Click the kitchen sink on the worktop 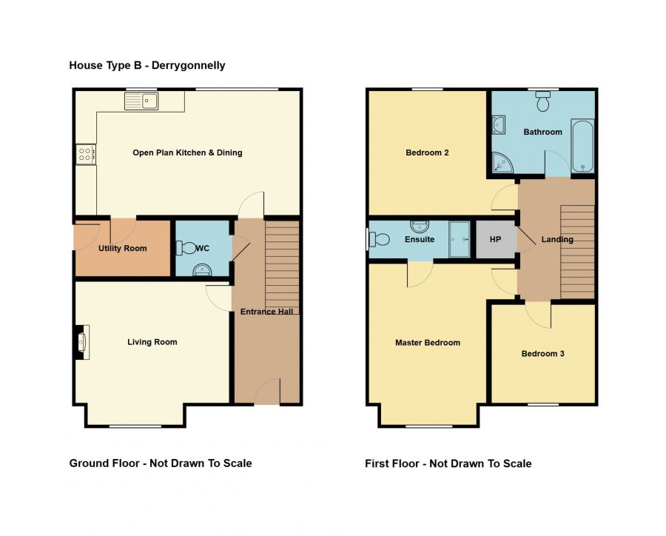coord(141,101)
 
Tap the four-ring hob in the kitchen coord(86,155)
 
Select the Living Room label coord(152,342)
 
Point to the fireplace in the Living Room coord(82,342)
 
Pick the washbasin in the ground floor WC coord(202,270)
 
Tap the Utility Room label coord(122,248)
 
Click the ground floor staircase coord(282,267)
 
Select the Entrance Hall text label coord(266,312)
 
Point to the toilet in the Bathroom coord(543,101)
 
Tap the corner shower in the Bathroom coord(502,162)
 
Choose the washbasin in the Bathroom coord(498,125)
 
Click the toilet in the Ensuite coord(379,239)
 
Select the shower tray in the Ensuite coord(459,239)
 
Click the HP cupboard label coord(495,239)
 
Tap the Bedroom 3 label coord(543,354)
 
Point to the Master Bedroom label coord(428,343)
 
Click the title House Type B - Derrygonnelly coord(147,65)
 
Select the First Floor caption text coord(448,463)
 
